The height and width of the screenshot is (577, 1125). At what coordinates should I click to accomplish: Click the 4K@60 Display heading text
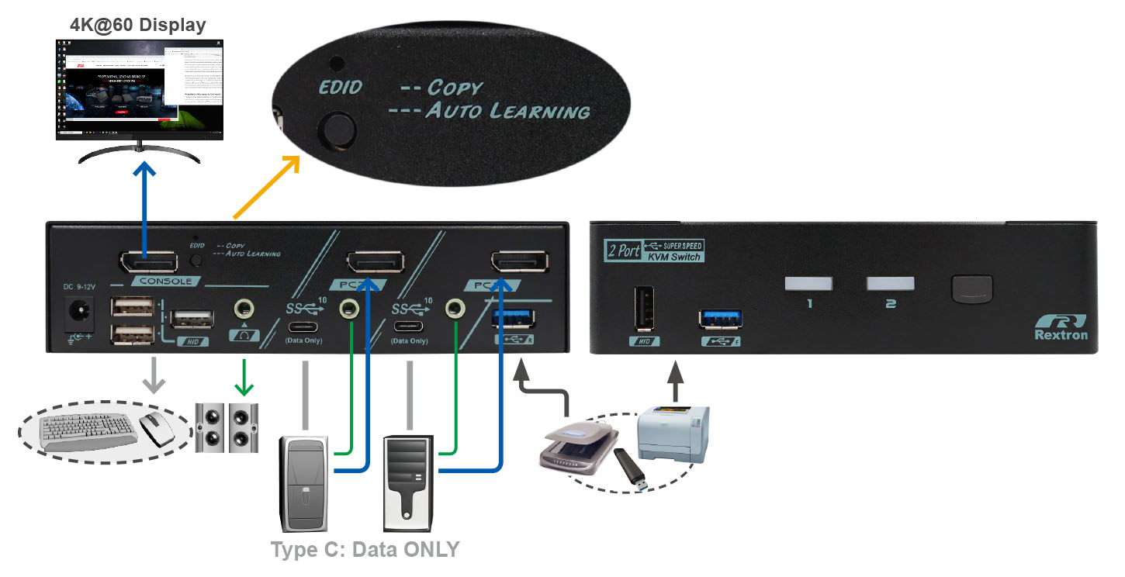click(138, 25)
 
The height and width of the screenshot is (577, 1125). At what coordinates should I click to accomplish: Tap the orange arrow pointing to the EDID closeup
click(265, 187)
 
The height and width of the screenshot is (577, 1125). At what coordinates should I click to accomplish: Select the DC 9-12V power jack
click(78, 312)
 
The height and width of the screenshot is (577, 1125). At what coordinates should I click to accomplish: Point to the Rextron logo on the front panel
click(1061, 327)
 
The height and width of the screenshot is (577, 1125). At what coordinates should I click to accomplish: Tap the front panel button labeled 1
click(808, 285)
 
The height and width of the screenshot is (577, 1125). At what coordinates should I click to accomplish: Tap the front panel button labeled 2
click(891, 285)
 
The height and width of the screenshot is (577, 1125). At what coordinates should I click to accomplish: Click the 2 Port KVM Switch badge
click(653, 251)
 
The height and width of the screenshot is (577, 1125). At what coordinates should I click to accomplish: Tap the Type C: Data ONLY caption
click(365, 550)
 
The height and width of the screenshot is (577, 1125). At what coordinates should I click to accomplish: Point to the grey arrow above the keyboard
click(154, 375)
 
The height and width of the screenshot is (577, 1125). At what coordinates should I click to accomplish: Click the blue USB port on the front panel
click(720, 319)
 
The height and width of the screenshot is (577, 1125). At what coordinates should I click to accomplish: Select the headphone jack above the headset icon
click(245, 309)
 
